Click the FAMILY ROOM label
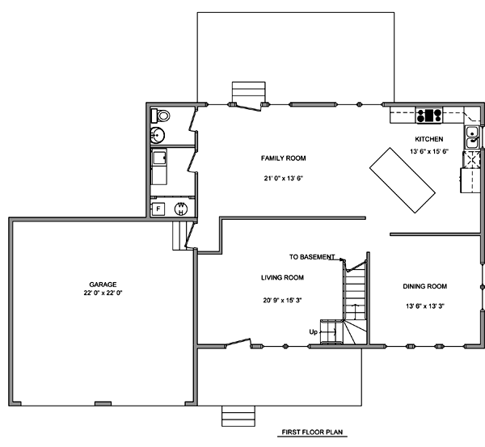[284, 158]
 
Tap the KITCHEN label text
[429, 139]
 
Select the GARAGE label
[103, 285]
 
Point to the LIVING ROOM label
[282, 278]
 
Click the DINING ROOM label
[425, 286]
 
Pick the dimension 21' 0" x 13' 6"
[283, 179]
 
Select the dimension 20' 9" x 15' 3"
[282, 301]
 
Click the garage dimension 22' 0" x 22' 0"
[103, 293]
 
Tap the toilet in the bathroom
[160, 116]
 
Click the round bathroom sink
[158, 135]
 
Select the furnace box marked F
[158, 209]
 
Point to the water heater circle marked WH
[181, 209]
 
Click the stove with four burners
[429, 116]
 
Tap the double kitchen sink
[472, 138]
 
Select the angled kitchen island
[403, 180]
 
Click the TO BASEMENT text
[312, 257]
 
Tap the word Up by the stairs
[313, 332]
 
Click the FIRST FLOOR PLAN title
[312, 432]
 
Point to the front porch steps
[238, 416]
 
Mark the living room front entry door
[238, 343]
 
